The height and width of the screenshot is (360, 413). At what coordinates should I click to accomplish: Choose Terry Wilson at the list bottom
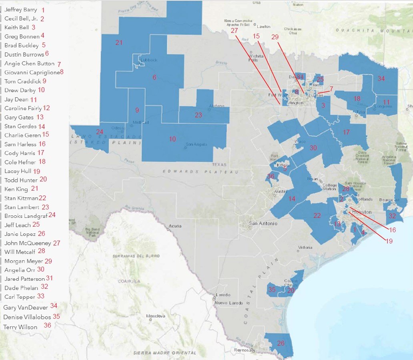(20, 327)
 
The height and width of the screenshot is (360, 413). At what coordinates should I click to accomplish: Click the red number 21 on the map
(119, 42)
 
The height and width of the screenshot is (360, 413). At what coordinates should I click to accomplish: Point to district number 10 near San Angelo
(172, 139)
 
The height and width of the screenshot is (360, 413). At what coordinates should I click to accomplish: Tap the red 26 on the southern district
(281, 343)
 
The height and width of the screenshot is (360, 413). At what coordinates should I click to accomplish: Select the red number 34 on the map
(381, 79)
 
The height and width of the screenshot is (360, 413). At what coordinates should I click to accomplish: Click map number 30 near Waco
(313, 148)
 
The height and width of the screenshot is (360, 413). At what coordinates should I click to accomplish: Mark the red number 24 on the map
(100, 131)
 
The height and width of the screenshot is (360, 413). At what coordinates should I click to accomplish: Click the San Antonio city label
(263, 223)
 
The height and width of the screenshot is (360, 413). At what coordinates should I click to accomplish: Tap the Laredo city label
(223, 295)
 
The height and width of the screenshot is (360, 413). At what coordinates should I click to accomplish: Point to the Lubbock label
(149, 60)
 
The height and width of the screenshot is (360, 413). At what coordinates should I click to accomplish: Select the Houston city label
(365, 212)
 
